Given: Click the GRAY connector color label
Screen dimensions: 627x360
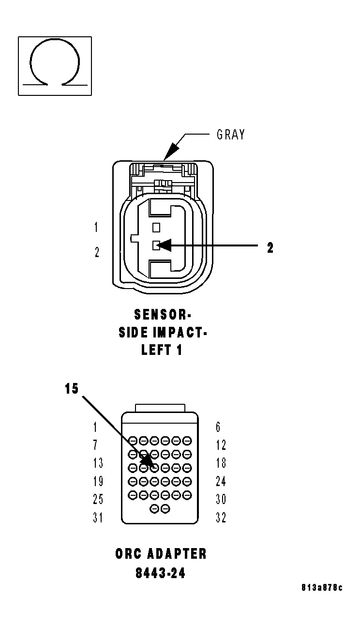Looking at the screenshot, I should tap(230, 135).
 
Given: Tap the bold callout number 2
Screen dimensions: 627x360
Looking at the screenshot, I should tap(270, 248).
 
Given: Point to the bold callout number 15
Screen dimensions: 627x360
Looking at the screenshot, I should tap(72, 389).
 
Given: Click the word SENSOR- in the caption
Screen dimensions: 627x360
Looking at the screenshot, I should tap(163, 315).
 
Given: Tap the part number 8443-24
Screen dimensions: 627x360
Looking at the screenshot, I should tap(161, 573).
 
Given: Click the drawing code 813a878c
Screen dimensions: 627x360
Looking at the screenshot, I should tap(322, 588).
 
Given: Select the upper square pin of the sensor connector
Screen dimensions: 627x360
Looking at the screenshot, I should tap(156, 227).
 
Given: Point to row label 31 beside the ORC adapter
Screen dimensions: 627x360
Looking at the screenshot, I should tap(98, 518).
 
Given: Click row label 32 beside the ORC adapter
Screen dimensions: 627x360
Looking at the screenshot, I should tap(221, 518).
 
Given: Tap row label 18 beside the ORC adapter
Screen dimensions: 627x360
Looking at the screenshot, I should tap(221, 463).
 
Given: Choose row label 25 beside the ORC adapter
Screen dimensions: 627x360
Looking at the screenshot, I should tap(98, 499).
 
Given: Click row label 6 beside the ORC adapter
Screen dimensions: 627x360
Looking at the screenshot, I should tap(218, 427).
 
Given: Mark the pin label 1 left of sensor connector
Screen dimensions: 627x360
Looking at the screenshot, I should tap(96, 227).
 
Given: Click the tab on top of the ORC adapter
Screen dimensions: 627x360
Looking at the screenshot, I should tap(160, 408).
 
